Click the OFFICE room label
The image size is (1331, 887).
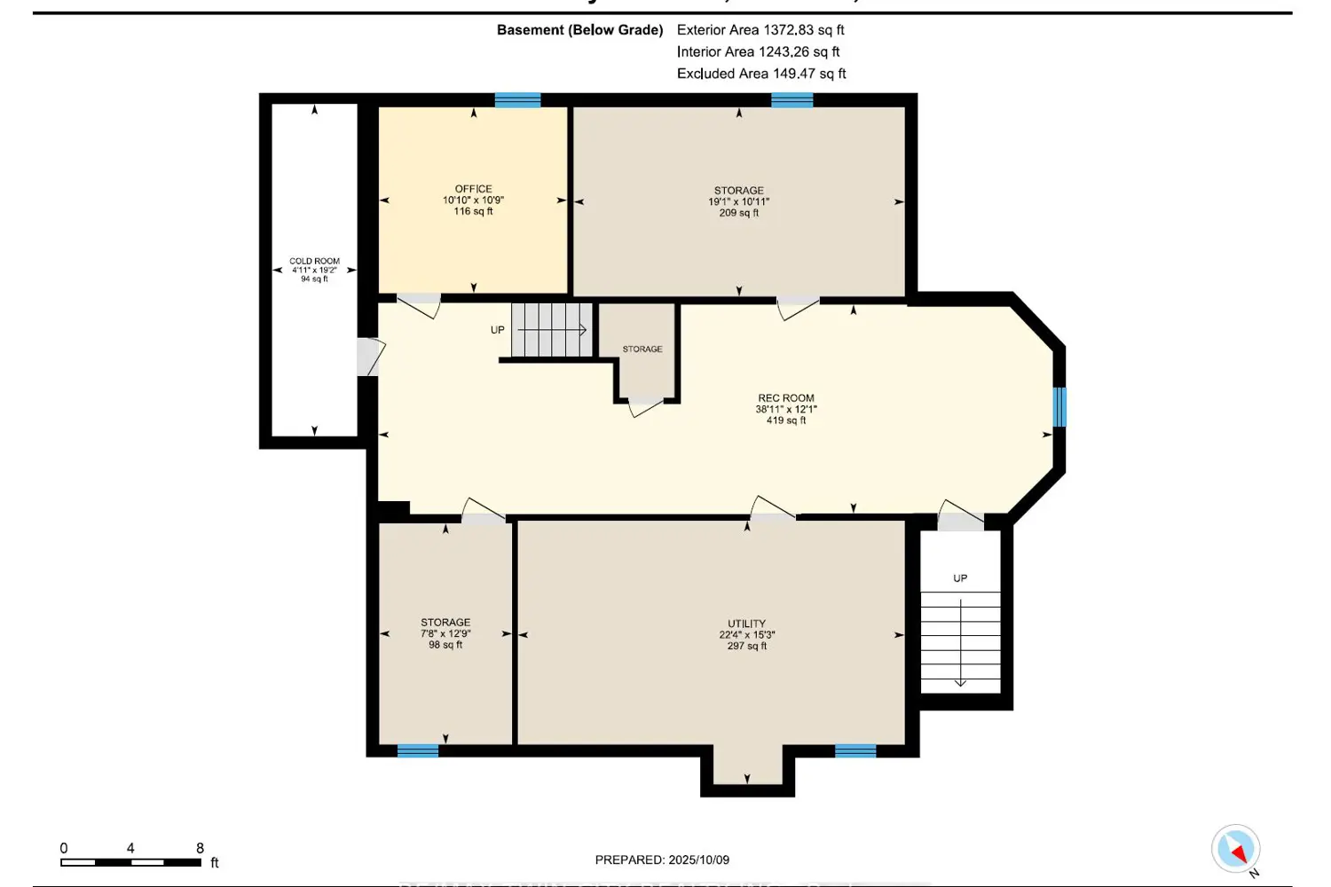pyautogui.click(x=473, y=189)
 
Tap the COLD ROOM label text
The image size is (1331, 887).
pyautogui.click(x=314, y=262)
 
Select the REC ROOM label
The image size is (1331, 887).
pyautogui.click(x=785, y=398)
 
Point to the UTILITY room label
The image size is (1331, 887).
pyautogui.click(x=746, y=624)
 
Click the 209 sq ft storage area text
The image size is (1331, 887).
pyautogui.click(x=738, y=213)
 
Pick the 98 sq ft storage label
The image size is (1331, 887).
pyautogui.click(x=445, y=645)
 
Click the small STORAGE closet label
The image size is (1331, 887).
pyautogui.click(x=642, y=349)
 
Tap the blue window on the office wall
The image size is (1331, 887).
pyautogui.click(x=517, y=100)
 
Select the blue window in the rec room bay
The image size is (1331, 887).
pyautogui.click(x=1059, y=407)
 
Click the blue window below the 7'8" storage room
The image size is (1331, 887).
pyautogui.click(x=418, y=751)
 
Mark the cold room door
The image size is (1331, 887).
pyautogui.click(x=370, y=357)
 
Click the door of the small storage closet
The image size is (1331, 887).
pyautogui.click(x=645, y=408)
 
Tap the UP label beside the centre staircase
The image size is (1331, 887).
pyautogui.click(x=498, y=330)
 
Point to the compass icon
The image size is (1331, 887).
pyautogui.click(x=1235, y=850)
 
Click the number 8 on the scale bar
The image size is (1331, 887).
pyautogui.click(x=200, y=848)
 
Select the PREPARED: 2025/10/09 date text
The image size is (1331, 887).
pyautogui.click(x=662, y=860)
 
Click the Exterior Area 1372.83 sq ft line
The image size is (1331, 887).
pyautogui.click(x=760, y=30)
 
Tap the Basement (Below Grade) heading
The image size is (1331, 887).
pyautogui.click(x=579, y=30)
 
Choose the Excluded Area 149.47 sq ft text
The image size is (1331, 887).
pyautogui.click(x=761, y=74)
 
